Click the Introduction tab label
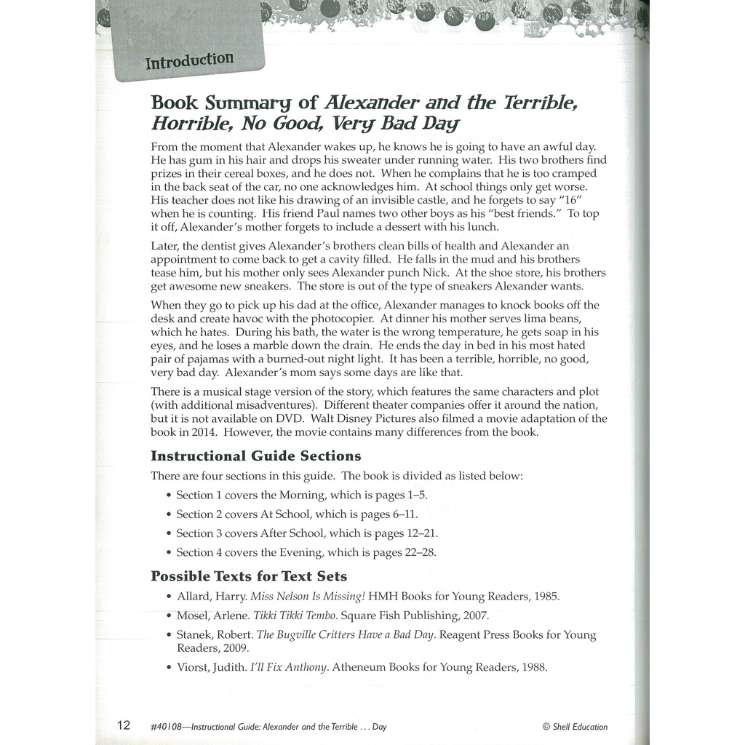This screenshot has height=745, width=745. coord(189,60)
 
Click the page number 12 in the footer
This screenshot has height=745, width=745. coord(124,725)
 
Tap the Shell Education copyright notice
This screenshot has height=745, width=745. coord(575,726)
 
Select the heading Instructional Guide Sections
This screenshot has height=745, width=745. coord(255,456)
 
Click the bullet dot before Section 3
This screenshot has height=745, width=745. coord(168,534)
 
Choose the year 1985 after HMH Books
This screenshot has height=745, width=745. coord(543,597)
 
